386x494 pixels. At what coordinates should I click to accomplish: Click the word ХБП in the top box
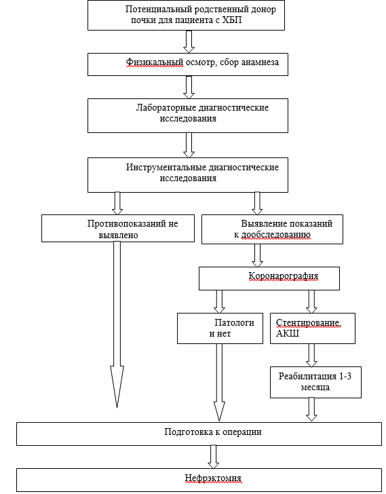pos(232,20)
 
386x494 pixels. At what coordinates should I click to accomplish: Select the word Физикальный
pos(155,62)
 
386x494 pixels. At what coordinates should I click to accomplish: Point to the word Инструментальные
pos(166,168)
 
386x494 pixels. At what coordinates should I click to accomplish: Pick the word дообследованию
pos(276,235)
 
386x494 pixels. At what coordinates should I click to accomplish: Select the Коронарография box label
pos(284,276)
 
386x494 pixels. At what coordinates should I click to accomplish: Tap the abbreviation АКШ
pos(288,334)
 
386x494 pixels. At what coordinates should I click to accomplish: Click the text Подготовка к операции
pos(213,432)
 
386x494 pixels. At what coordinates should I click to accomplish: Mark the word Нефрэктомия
pos(213,478)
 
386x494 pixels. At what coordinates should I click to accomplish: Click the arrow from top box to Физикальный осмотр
pos(189,41)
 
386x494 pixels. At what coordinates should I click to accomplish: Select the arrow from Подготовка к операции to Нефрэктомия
pos(213,457)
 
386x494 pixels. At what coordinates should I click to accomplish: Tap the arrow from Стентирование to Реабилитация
pos(311,355)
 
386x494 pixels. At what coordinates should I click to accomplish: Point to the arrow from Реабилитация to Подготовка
pos(311,409)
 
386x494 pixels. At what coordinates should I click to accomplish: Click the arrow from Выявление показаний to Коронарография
pos(257,256)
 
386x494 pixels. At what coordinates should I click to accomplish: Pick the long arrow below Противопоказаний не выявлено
pos(117,324)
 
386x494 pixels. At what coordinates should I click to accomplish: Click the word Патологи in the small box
pos(234,323)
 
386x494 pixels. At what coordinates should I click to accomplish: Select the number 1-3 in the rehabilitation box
pos(345,376)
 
